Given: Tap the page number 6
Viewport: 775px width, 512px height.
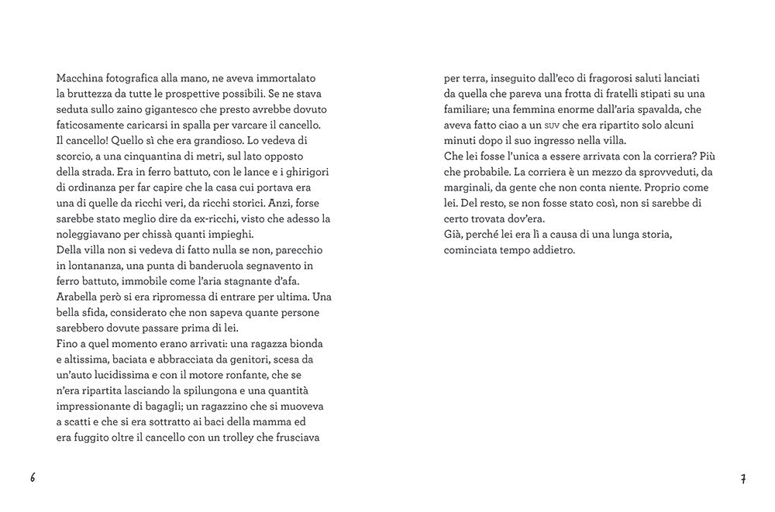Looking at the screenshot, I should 33,477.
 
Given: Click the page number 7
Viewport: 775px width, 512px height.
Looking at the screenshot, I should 742,478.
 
